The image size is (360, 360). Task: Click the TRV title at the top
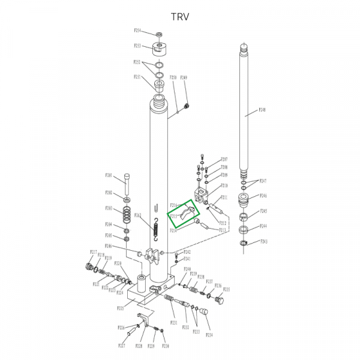[179, 16]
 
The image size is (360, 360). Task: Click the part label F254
[137, 30]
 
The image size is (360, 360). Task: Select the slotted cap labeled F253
[160, 47]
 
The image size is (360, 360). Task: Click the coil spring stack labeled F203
[127, 213]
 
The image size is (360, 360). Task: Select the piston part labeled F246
[245, 199]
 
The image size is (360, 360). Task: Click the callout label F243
[263, 241]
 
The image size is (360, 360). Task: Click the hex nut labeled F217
[91, 266]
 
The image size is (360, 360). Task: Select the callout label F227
[122, 346]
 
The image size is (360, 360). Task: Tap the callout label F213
[223, 230]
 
